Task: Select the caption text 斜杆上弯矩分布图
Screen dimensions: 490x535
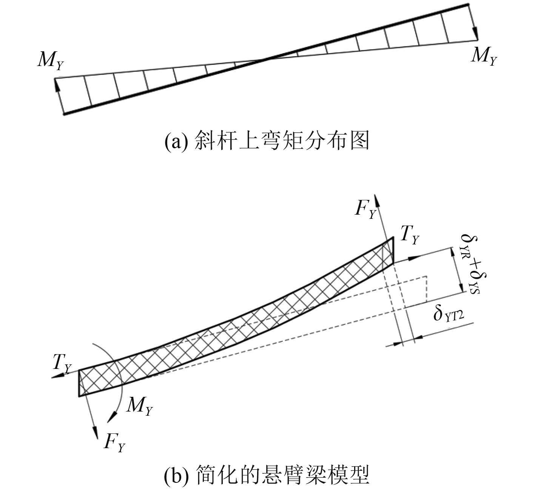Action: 281,141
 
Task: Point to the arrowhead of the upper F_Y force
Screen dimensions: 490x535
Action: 379,198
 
